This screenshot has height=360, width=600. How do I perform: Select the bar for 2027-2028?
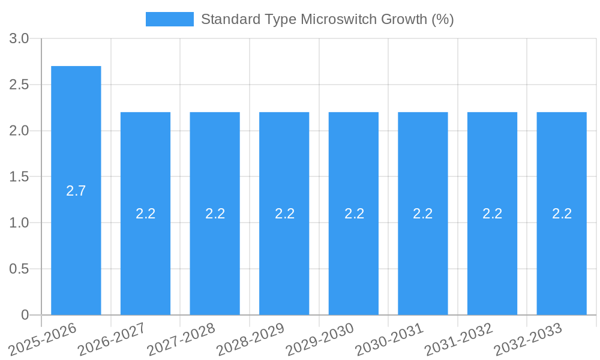point(215,168)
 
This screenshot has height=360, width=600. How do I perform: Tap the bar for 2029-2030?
point(353,168)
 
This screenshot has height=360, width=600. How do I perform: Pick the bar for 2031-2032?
point(492,168)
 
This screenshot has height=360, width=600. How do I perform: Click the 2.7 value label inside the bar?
point(76,191)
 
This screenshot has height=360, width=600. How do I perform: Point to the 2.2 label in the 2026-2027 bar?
point(146,214)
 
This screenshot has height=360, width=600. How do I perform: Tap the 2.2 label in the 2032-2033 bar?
point(562,214)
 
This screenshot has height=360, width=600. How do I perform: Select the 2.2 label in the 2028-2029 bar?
point(284,214)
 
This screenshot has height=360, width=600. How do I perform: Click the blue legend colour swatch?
point(169,19)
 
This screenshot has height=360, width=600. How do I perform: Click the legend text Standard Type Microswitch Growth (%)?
point(327,19)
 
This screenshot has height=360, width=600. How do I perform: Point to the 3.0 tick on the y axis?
point(20,39)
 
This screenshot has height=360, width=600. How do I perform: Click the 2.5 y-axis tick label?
point(20,85)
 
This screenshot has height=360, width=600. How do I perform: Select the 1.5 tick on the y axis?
point(20,177)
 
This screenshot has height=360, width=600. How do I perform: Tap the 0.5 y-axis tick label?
point(20,269)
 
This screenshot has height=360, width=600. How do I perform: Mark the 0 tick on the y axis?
point(25,315)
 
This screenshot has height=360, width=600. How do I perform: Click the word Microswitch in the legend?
point(337,19)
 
